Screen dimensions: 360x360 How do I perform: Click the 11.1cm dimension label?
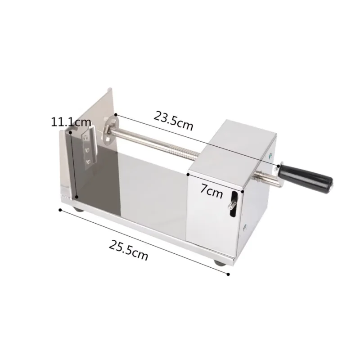click(x=71, y=122)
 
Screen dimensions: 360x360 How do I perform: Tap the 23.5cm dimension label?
click(x=173, y=121)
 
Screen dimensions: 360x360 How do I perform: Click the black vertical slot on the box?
click(x=234, y=205)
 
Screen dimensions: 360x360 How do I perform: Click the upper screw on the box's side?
click(x=270, y=156)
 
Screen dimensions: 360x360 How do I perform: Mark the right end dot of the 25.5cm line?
click(x=229, y=274)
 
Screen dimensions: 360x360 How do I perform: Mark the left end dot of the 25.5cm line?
click(x=60, y=209)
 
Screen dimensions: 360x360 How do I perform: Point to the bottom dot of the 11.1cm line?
click(x=77, y=197)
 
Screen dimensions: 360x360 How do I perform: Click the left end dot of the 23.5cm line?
click(x=116, y=114)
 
